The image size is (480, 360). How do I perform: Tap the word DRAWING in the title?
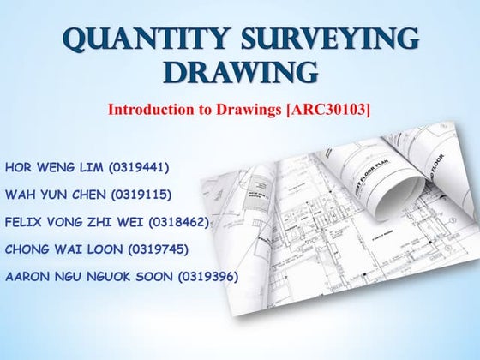point(239,74)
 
